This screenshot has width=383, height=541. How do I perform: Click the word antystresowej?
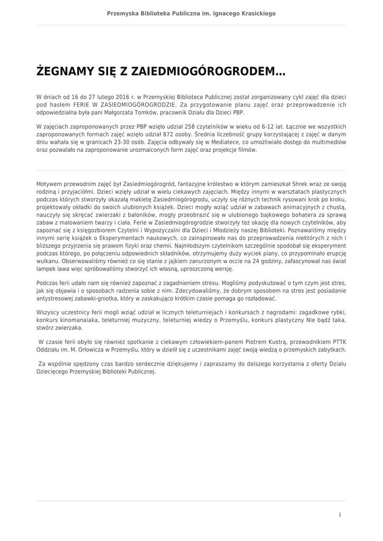pyautogui.click(x=56, y=299)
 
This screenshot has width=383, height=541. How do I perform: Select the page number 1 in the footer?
pyautogui.click(x=340, y=514)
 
